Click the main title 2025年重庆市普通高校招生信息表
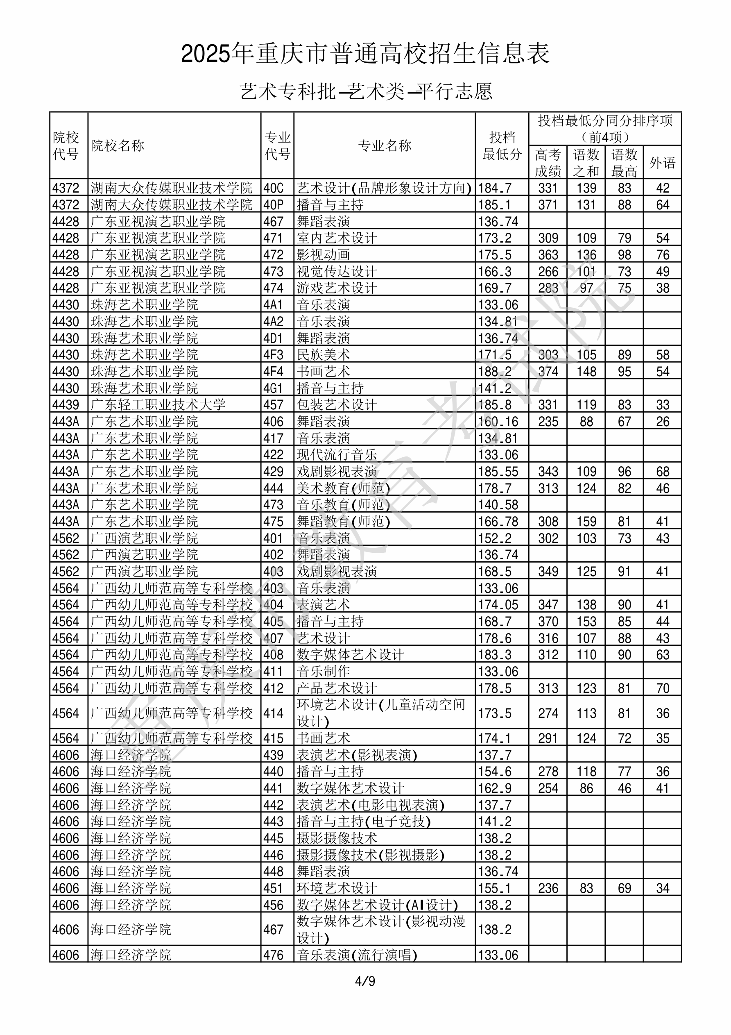pos(365,54)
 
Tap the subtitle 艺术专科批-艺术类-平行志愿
pos(365,91)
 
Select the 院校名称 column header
pos(117,145)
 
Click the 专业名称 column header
pos(385,145)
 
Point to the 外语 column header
pos(662,163)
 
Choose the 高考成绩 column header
pos(548,163)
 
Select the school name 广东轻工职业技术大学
pos(158,405)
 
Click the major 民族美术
pos(323,355)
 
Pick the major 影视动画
pos(323,255)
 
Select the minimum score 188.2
pos(495,372)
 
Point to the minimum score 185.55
pos(498,472)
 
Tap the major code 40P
pos(273,204)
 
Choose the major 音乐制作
pos(323,672)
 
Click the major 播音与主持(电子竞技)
pos(363,822)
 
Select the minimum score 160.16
pos(498,422)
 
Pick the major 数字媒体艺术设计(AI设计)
pos(377,905)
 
